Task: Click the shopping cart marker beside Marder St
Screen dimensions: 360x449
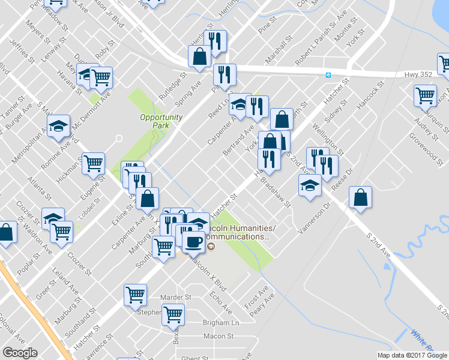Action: coord(135,295)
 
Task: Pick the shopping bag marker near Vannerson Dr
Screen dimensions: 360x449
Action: coord(360,198)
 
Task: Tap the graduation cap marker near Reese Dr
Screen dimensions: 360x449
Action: coord(310,185)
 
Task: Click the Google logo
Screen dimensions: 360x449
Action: coord(20,353)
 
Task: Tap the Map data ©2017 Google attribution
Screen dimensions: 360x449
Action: coord(412,355)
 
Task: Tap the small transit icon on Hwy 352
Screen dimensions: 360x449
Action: coord(328,75)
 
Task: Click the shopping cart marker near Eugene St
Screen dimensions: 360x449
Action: coord(94,163)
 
